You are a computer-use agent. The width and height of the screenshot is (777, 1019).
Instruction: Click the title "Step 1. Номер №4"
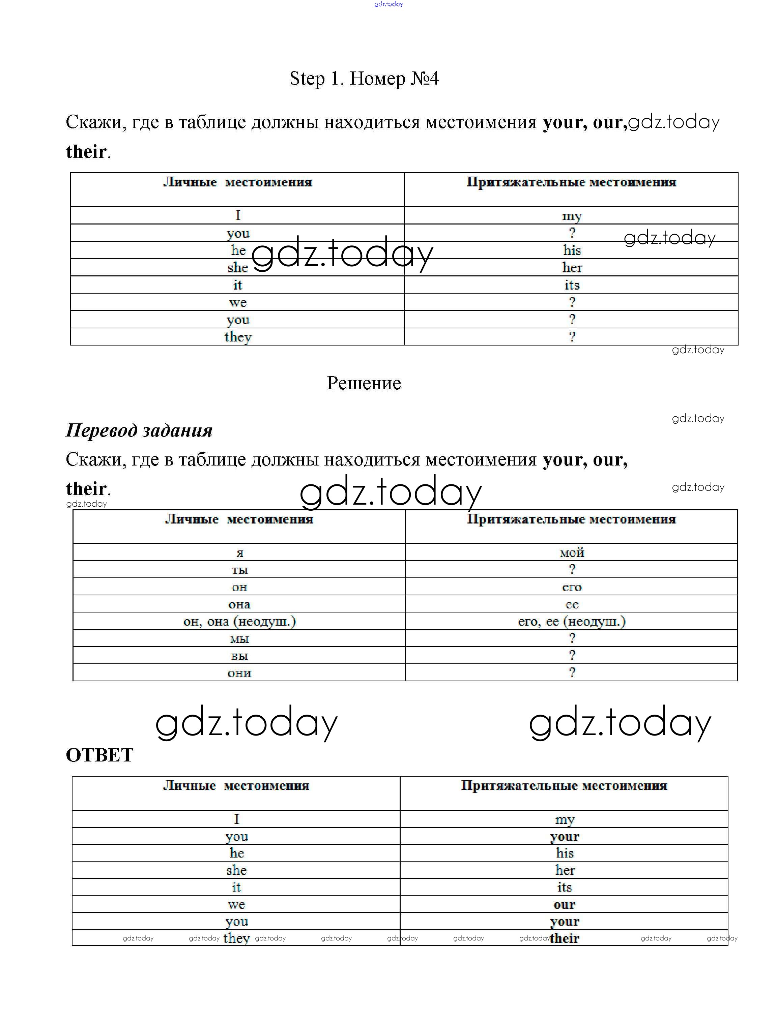(x=364, y=79)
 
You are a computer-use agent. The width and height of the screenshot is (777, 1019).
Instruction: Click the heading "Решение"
(x=364, y=383)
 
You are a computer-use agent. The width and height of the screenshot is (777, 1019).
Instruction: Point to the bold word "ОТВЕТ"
(x=99, y=755)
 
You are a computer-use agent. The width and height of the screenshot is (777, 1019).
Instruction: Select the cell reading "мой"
(x=572, y=552)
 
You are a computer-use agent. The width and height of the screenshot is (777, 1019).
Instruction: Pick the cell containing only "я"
(x=239, y=552)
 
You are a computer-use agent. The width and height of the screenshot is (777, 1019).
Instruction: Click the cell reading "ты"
(x=239, y=570)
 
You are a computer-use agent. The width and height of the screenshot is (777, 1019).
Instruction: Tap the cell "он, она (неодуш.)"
(x=239, y=621)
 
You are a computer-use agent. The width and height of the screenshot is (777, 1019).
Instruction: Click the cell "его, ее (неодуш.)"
(x=572, y=621)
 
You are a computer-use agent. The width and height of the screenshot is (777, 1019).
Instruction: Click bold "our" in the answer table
(x=564, y=904)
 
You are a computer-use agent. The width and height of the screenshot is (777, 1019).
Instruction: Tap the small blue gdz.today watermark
(x=388, y=4)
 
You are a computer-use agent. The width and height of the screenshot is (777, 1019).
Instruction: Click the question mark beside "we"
(x=572, y=302)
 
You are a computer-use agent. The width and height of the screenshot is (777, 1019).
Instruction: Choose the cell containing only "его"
(x=572, y=587)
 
